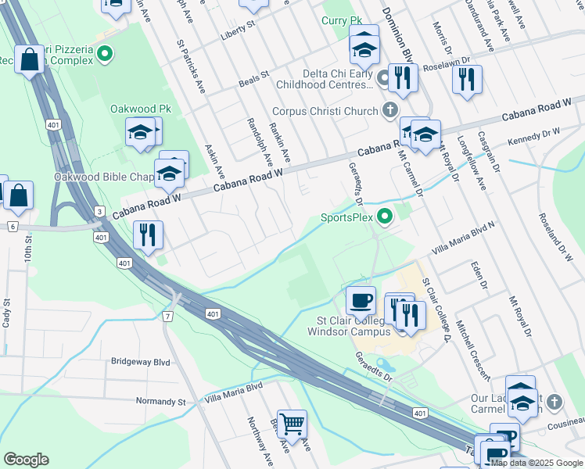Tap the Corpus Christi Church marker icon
(x=389, y=111)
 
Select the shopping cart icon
(x=292, y=424)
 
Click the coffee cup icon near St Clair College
(x=361, y=301)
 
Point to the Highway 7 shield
(x=167, y=316)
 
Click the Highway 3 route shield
(x=99, y=212)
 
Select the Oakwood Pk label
(x=140, y=109)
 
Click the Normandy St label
(x=160, y=402)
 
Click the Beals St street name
(x=253, y=77)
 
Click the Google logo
(x=26, y=460)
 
